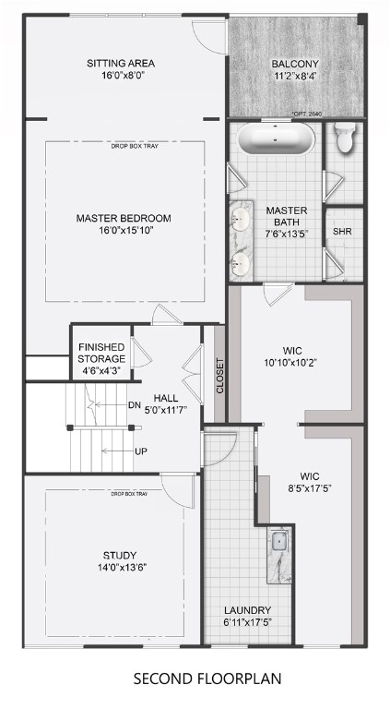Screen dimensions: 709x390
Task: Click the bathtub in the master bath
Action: (x=277, y=140)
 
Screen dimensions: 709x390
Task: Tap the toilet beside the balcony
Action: (x=346, y=137)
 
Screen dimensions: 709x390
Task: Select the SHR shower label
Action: (x=343, y=231)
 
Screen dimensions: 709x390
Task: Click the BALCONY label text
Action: (x=294, y=64)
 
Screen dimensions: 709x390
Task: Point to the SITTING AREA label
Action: (x=121, y=64)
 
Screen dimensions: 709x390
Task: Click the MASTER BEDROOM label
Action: (x=124, y=218)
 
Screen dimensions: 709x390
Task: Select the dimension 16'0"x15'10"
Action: (x=124, y=231)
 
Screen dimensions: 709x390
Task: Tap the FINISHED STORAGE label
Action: (x=101, y=353)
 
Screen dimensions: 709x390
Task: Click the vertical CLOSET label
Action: (x=219, y=376)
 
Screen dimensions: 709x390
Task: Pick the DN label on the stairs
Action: (x=135, y=404)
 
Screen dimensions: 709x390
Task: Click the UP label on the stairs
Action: (x=140, y=451)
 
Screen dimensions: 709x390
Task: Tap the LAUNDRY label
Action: (x=247, y=610)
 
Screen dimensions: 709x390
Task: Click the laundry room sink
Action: (x=279, y=545)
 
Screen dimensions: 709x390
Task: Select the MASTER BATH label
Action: (x=286, y=217)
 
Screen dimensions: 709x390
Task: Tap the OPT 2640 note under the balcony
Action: (x=307, y=114)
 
